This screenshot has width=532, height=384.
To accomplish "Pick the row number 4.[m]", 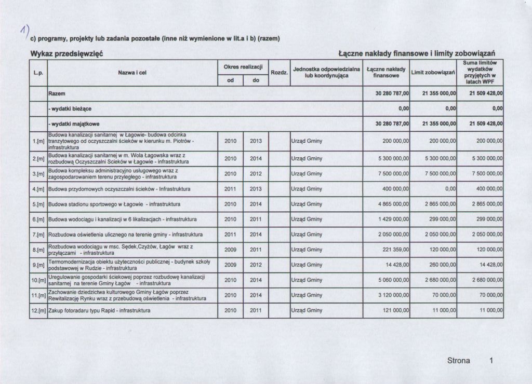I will [x=38, y=189].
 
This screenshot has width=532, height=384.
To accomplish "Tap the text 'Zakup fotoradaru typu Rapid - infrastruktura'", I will [x=99, y=310].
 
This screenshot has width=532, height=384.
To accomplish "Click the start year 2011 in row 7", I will [x=230, y=235].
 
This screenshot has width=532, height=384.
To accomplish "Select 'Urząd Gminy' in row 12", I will [x=307, y=310].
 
